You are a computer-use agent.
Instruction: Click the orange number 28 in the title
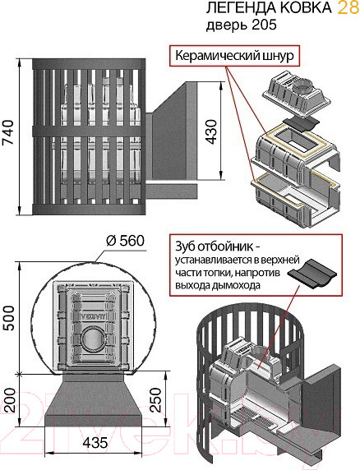pos(348,7)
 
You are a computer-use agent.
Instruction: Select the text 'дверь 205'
pos(242,25)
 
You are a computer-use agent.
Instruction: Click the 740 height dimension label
pos(8,132)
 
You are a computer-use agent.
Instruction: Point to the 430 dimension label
pos(211,132)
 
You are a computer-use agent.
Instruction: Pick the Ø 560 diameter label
pos(125,241)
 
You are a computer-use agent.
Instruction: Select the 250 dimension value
pos(155,400)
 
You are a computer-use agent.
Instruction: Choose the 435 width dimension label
pos(95,443)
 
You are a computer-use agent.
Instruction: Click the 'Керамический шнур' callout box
pos(235,55)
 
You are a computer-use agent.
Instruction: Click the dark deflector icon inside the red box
pos(312,273)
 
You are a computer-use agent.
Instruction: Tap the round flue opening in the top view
pos(93,339)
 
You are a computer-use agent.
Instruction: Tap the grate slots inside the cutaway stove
pos(251,417)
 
